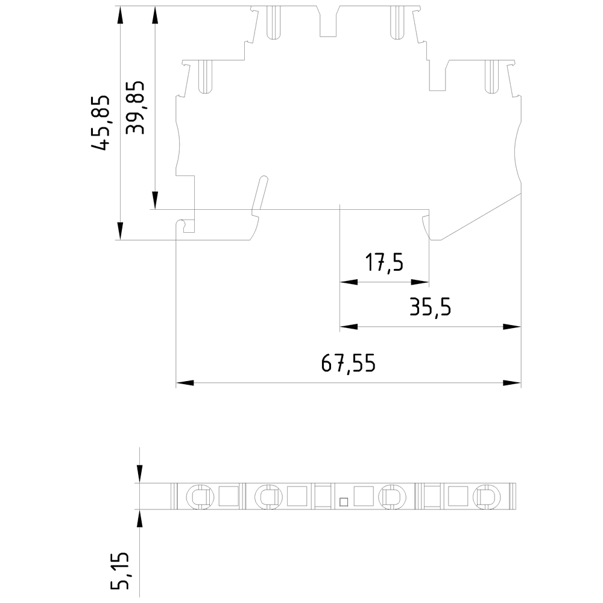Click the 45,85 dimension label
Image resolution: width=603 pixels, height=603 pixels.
click(x=101, y=122)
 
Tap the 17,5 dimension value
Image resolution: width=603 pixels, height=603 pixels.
click(x=384, y=264)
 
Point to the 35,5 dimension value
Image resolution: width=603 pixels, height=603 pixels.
click(x=430, y=308)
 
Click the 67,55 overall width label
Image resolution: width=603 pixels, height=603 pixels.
click(x=348, y=363)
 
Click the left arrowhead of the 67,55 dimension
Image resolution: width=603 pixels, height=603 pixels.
click(x=185, y=383)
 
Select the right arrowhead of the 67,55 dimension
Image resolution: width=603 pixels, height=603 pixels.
click(x=512, y=383)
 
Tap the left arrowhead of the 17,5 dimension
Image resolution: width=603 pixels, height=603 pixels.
click(x=349, y=282)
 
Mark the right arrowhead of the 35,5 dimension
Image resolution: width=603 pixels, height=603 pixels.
click(x=512, y=327)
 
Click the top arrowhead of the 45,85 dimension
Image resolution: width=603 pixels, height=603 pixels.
click(x=121, y=15)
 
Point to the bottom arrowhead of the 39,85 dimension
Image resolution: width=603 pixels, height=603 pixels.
click(x=155, y=200)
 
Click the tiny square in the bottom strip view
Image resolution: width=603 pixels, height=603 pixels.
click(x=344, y=500)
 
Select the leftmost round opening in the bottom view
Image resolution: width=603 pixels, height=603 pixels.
click(x=199, y=496)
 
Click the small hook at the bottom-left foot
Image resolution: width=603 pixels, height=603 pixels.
click(x=186, y=226)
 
